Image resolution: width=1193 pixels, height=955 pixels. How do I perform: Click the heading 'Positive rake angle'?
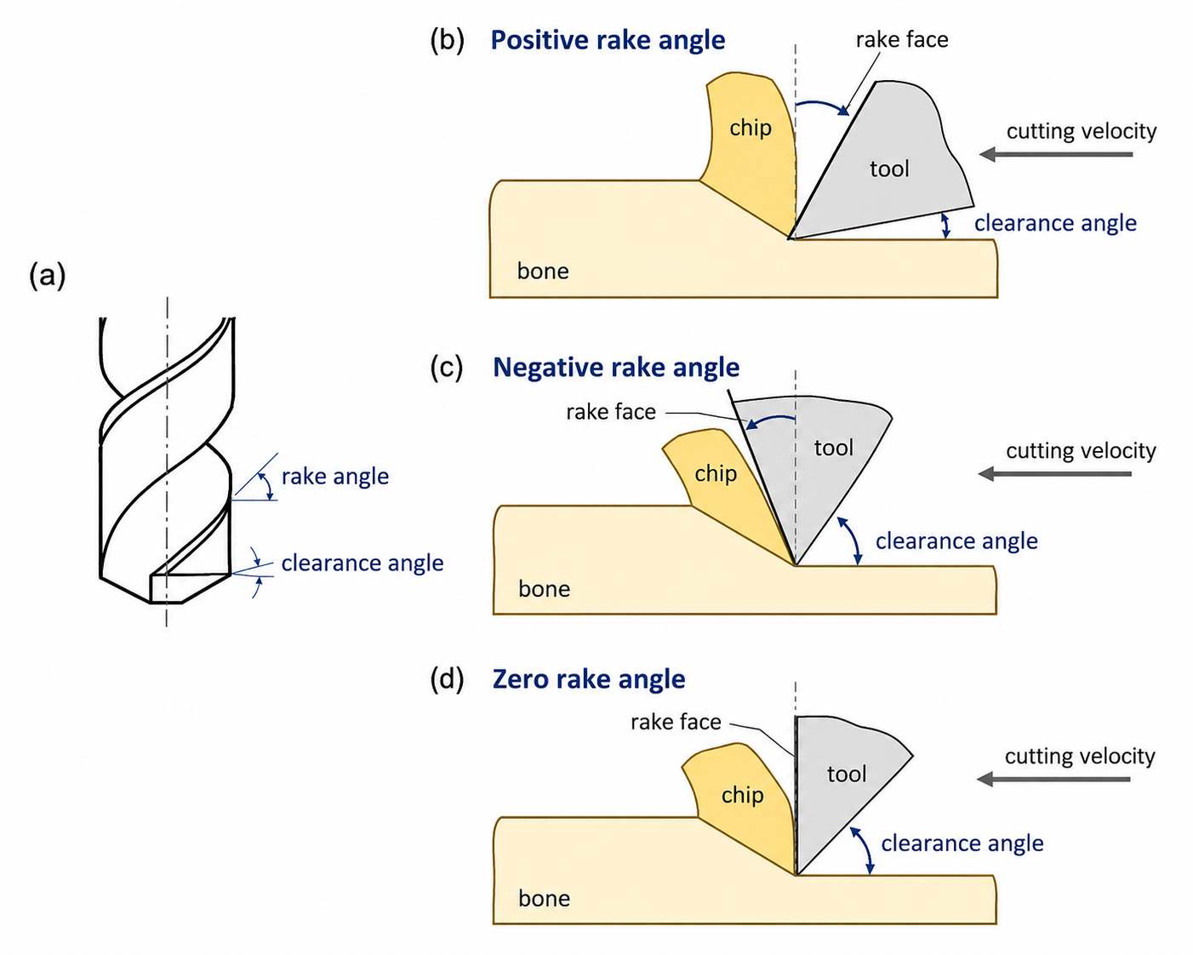(608, 41)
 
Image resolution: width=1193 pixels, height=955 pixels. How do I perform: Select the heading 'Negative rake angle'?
(616, 368)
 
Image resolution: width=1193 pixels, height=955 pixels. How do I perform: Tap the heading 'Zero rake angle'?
(589, 679)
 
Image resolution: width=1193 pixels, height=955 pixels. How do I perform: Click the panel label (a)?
(47, 276)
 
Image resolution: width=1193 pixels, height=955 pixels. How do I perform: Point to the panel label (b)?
(448, 41)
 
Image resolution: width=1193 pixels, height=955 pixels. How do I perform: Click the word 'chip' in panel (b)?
(750, 129)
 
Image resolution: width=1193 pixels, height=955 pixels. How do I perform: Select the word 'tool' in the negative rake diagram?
(833, 447)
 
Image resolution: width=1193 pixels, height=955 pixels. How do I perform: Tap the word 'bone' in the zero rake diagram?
(544, 899)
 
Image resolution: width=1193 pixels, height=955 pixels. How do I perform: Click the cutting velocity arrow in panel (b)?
(1056, 154)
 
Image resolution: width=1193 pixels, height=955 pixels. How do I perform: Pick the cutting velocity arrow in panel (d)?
(1053, 779)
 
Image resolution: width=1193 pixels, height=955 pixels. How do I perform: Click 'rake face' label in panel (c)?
(611, 412)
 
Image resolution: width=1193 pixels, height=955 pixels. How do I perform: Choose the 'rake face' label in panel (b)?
(902, 40)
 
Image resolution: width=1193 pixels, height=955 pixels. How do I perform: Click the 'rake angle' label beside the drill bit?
(334, 477)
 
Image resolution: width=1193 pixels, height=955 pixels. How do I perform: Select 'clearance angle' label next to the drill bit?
(362, 563)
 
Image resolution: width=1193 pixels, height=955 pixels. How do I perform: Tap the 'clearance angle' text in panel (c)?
(956, 541)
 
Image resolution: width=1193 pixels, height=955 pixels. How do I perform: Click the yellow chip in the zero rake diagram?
(740, 798)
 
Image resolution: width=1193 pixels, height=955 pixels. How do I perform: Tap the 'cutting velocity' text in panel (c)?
(1081, 451)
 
